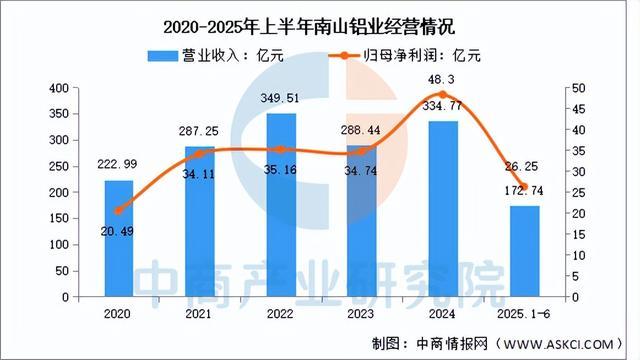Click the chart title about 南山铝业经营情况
point(319,19)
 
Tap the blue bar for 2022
point(281,205)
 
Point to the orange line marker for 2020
point(119,211)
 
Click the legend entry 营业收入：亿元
point(214,56)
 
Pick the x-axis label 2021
point(200,313)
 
